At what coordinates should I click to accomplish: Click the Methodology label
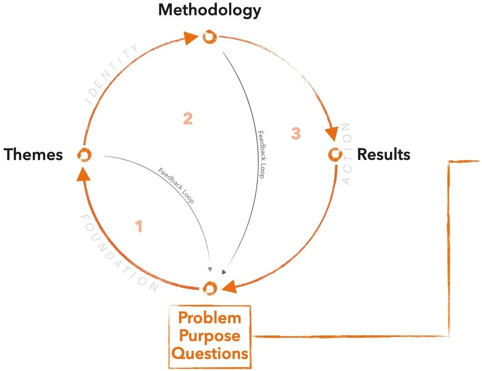210,10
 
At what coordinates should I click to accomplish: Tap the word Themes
34,155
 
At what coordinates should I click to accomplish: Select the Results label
384,155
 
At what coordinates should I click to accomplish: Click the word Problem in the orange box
210,318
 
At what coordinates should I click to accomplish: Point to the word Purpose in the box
210,336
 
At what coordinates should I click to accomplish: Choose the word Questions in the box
210,353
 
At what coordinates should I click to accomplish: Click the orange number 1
139,227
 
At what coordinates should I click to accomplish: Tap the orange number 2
188,119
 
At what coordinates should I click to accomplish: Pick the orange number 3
296,134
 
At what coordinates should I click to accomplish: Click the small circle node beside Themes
85,155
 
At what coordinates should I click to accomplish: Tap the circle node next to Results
335,155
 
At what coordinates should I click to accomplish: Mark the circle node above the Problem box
209,288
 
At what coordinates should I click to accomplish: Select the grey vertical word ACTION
347,154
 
